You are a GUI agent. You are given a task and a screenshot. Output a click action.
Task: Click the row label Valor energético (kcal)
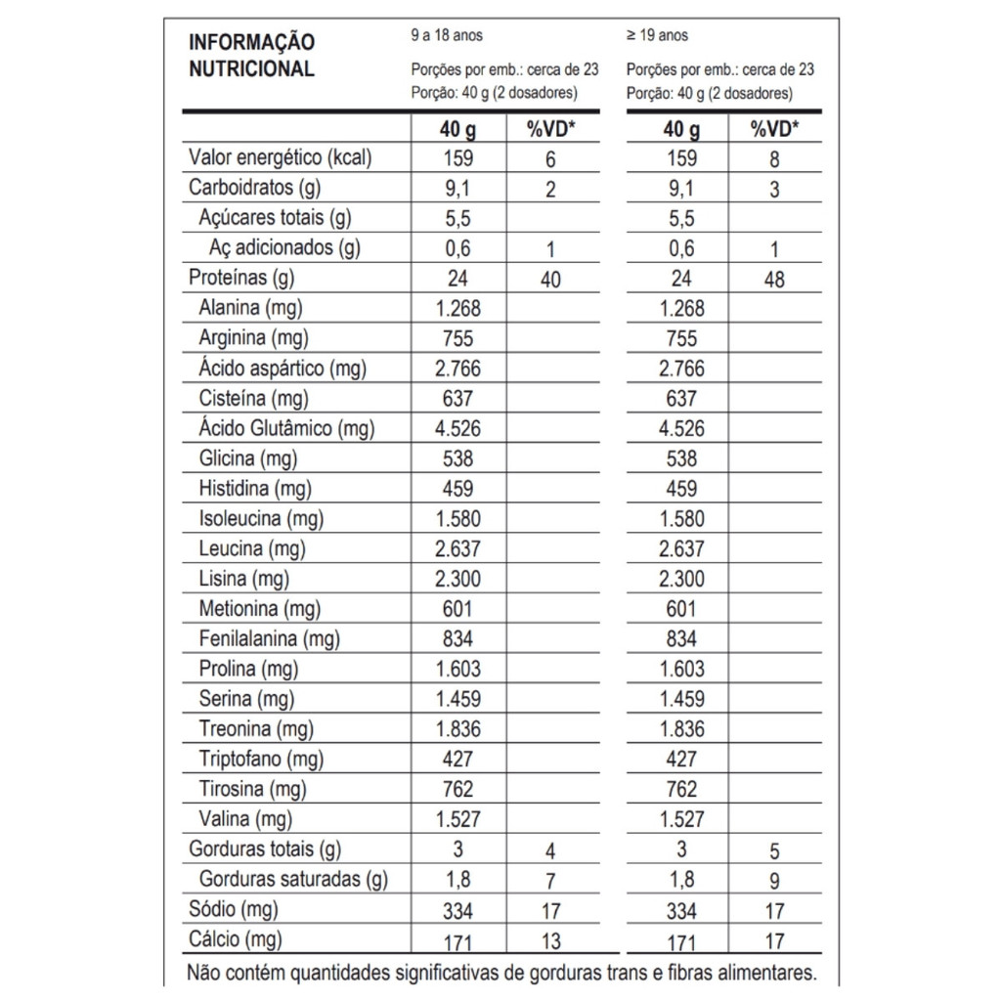coord(280,158)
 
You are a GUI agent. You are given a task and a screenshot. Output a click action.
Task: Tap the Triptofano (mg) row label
coord(261,759)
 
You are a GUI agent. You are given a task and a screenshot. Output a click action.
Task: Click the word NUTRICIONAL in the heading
coord(251,69)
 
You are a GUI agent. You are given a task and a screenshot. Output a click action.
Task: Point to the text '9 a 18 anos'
coord(447,35)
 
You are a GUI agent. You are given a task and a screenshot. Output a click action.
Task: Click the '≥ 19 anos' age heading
coord(657,35)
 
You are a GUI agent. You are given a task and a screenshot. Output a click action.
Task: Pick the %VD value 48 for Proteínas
coord(774,280)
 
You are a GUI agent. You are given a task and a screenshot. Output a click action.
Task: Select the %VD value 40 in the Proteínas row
coord(550,280)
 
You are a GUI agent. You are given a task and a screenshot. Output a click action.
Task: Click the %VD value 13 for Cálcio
coord(550,942)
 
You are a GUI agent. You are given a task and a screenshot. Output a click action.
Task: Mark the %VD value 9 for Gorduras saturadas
coord(774,882)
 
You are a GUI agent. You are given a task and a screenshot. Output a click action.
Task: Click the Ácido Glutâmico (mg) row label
coord(286,428)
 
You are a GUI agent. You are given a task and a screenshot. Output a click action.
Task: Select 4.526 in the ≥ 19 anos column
coord(681,428)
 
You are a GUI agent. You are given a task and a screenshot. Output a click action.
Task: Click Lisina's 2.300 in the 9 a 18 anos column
coord(457,579)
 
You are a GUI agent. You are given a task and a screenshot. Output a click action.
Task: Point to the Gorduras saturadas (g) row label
coord(293,880)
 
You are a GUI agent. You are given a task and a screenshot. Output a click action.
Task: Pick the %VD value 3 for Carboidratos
coord(774,190)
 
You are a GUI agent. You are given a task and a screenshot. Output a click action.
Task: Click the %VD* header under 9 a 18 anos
coord(550,129)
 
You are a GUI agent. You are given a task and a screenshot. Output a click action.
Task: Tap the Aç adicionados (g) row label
coord(284,248)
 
